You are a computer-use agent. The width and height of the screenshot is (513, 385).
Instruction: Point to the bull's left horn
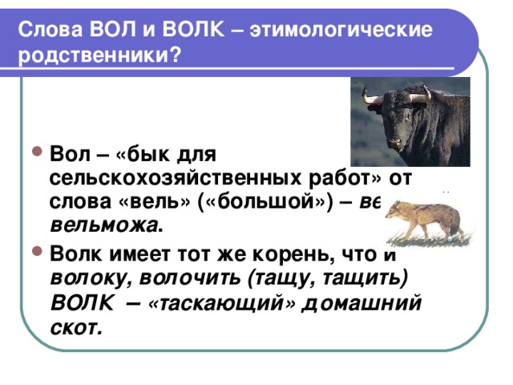(x=371, y=99)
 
